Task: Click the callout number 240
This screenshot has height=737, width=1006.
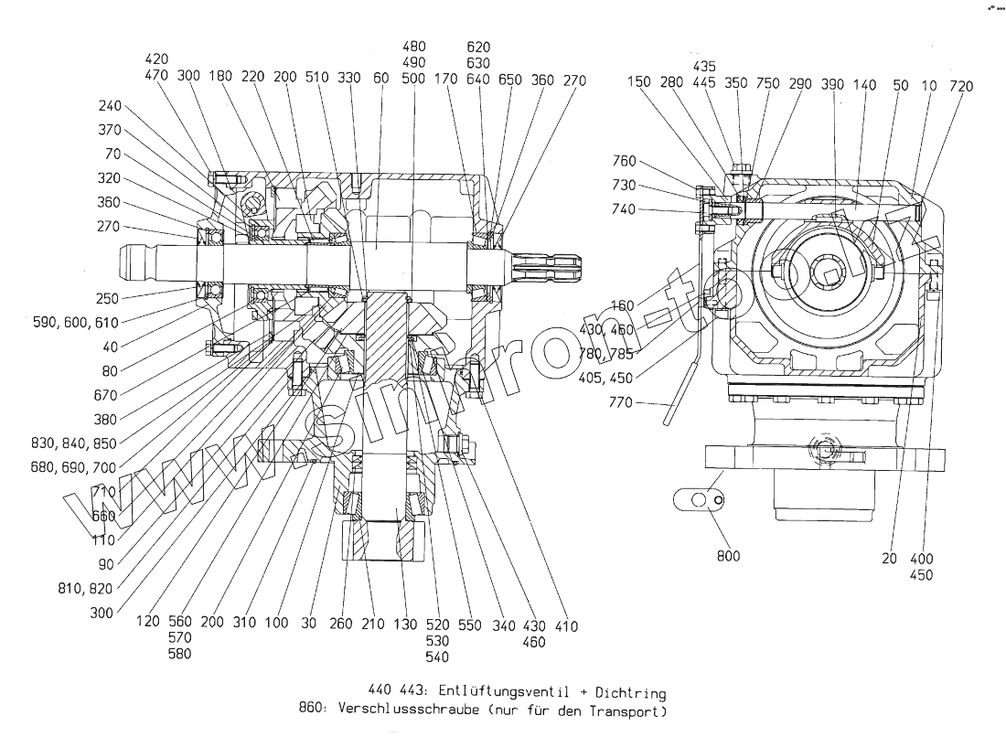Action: click(110, 106)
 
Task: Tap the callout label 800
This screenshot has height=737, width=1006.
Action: click(729, 556)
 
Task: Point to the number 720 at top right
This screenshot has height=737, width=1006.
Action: click(961, 86)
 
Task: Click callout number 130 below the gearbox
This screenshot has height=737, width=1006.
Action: click(402, 625)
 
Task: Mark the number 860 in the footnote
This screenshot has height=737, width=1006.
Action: click(313, 710)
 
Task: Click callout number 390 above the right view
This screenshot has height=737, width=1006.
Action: click(832, 85)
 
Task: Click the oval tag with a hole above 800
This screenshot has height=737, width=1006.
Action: click(699, 500)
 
